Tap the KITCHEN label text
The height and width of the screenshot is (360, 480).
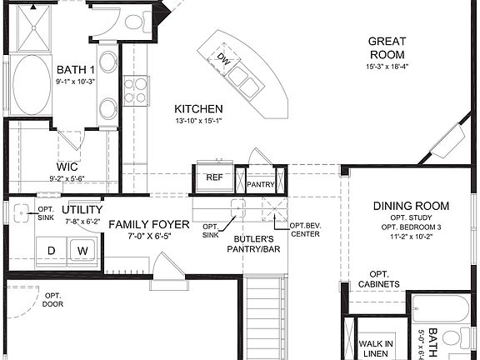click(198, 109)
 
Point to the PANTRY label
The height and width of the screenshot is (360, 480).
click(261, 185)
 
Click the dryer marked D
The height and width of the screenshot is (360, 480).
click(51, 250)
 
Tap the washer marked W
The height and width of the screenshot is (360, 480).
click(83, 250)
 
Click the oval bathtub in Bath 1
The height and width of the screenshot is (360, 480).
click(32, 86)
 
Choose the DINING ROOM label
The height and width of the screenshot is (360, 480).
click(411, 206)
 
